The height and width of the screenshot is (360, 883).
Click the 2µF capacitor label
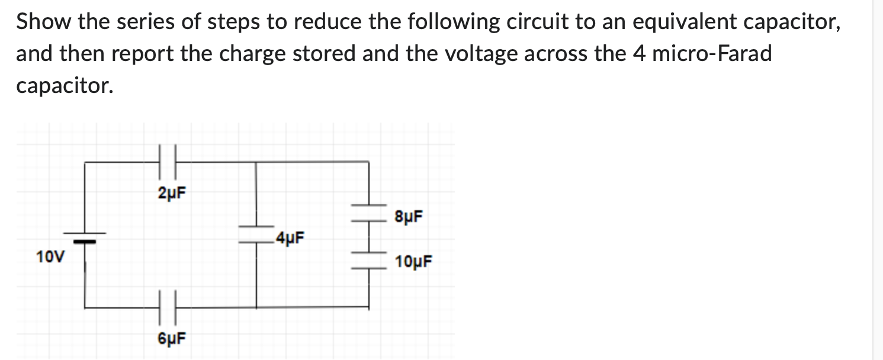pyautogui.click(x=171, y=193)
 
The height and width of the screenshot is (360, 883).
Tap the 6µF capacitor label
pyautogui.click(x=171, y=339)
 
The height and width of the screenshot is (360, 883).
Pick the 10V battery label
pyautogui.click(x=50, y=257)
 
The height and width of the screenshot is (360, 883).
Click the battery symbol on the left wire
pyautogui.click(x=85, y=237)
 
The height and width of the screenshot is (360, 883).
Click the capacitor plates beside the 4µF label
pyautogui.click(x=256, y=234)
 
